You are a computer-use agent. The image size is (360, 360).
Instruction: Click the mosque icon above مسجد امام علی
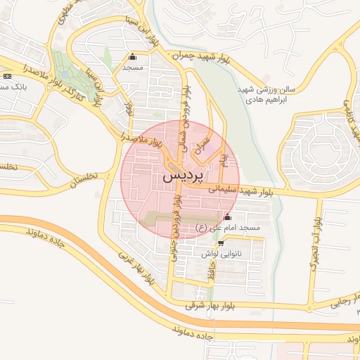(227, 217)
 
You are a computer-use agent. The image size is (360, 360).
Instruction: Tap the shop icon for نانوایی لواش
(221, 242)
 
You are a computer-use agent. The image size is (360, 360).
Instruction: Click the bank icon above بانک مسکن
(7, 75)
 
